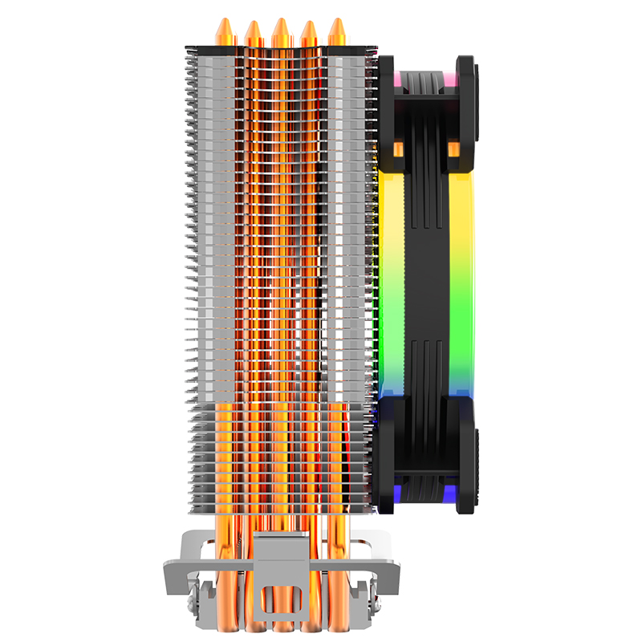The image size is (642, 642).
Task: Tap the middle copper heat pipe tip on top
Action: click(x=281, y=30)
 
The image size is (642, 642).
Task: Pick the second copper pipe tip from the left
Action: click(x=253, y=33)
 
